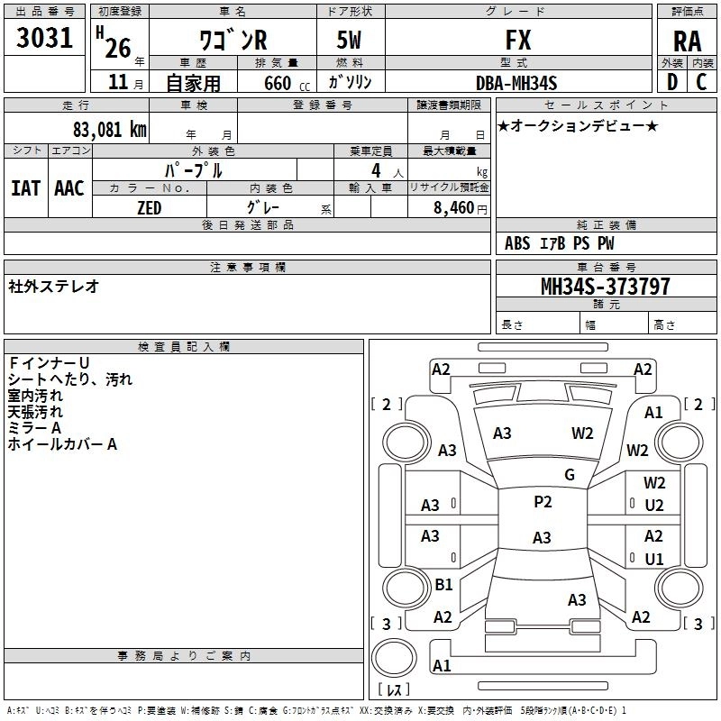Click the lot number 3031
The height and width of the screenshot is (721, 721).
point(44,38)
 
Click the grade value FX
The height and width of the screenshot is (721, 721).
point(518,40)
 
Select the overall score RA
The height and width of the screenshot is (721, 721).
point(688,41)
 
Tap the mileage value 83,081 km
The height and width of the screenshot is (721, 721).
point(109,130)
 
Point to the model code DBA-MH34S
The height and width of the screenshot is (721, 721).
point(516,83)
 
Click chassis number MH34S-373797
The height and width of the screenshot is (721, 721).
point(605,287)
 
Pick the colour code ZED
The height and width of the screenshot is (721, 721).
point(150,208)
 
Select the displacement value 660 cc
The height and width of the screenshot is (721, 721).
point(287,83)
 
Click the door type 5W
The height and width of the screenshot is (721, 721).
point(349,40)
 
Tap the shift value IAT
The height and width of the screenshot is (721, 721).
point(26,188)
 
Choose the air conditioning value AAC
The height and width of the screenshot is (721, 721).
point(69,188)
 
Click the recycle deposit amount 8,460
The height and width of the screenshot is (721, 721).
point(454,208)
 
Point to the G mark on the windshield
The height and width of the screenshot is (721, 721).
point(570,475)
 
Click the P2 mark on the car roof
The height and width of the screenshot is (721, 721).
point(543,502)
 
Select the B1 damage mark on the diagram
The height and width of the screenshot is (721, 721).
point(443,584)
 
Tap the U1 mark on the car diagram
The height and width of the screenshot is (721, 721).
point(654,559)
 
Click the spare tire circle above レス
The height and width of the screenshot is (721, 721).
point(394,657)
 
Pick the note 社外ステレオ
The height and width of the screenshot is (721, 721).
point(53,287)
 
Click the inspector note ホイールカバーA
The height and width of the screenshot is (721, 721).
point(62,444)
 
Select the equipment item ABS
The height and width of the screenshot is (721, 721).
point(517,243)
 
